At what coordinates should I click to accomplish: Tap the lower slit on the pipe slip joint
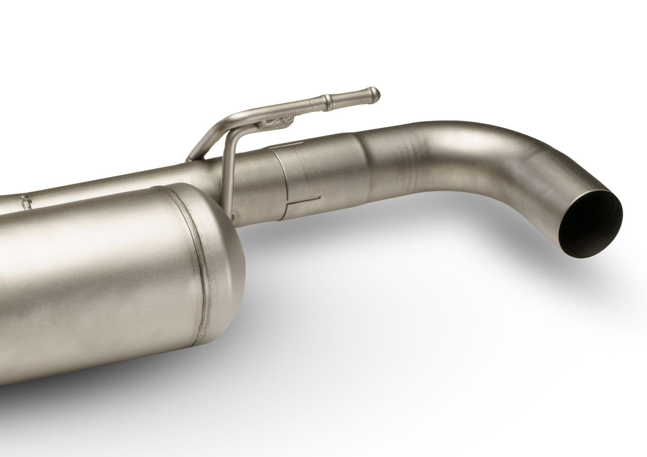304,197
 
